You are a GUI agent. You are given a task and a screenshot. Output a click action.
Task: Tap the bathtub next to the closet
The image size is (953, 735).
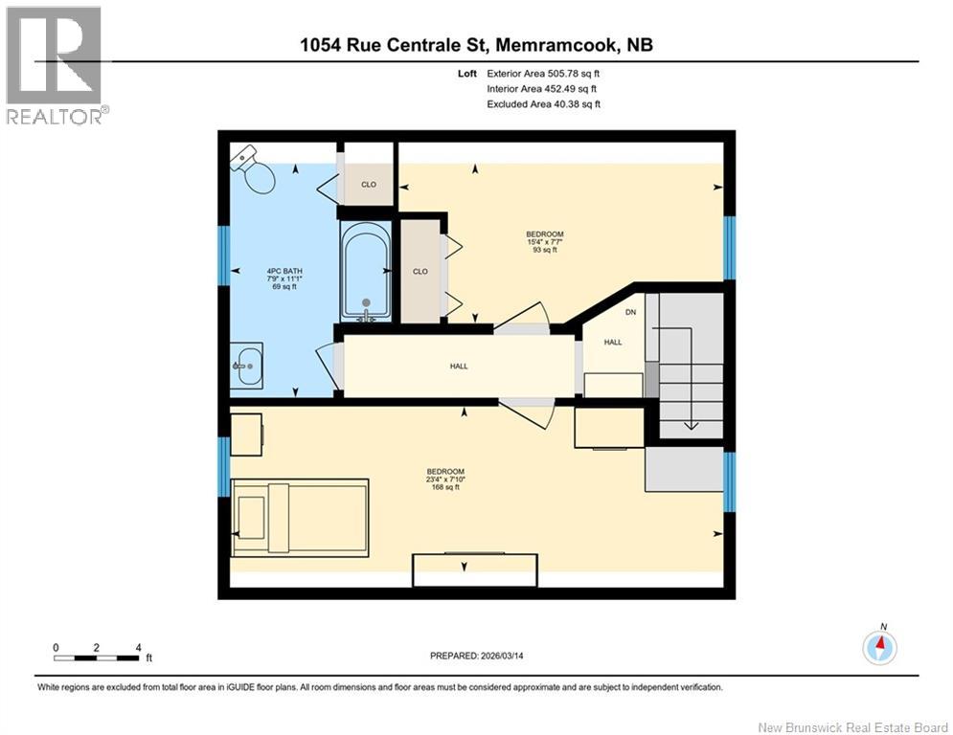tap(365, 272)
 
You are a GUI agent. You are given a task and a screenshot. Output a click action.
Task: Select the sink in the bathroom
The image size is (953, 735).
tap(249, 365)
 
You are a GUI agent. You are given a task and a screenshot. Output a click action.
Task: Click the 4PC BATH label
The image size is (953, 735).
tap(284, 278)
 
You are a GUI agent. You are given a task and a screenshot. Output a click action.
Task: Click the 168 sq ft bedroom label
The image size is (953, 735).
tap(445, 479)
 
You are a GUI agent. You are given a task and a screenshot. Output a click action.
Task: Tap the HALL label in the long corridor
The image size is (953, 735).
tap(459, 366)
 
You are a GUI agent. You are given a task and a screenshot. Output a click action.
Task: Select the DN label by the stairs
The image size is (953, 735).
tap(630, 312)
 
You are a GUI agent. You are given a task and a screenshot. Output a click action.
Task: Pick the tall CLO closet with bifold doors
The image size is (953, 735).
tap(420, 271)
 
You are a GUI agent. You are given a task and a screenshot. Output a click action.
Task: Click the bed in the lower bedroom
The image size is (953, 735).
tap(300, 517)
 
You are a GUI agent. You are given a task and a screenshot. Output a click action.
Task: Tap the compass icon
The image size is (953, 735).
tap(879, 647)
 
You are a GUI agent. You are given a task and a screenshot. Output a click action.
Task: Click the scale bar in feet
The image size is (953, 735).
tap(97, 657)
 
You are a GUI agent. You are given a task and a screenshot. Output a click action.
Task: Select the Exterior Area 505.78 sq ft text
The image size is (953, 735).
tap(543, 73)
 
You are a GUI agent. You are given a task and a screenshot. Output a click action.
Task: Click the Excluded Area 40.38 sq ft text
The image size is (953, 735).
tap(543, 104)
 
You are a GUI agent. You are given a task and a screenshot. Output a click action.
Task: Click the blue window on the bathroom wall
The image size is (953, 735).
tap(223, 255)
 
